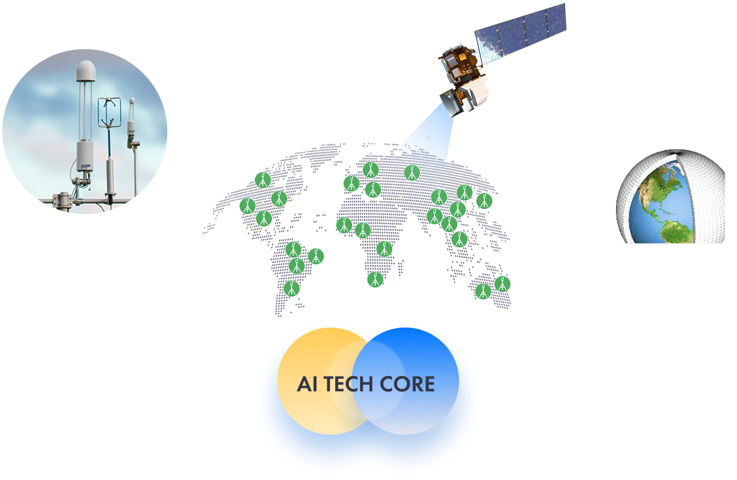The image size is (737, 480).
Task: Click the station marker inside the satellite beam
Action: point(412,172)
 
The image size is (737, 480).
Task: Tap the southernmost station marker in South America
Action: point(292,288)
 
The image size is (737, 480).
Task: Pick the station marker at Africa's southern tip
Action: point(375,279)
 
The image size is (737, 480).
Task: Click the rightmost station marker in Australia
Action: point(502,283)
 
